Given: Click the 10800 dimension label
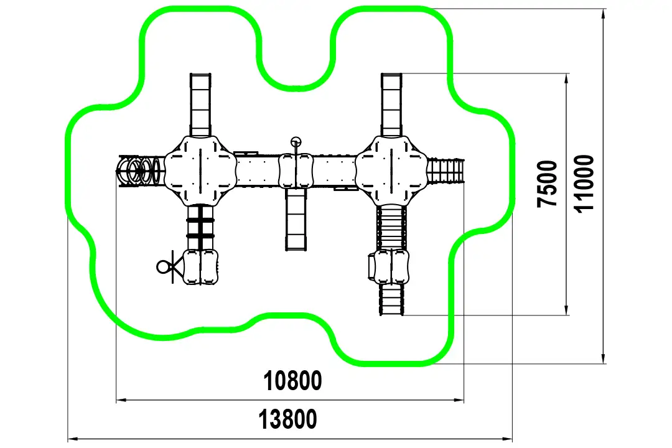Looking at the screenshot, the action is pos(292,381).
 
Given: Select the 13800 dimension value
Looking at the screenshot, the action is pos(287,419).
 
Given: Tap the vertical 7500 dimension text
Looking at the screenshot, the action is pos(548,184).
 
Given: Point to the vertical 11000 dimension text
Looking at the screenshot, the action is pos(584,184).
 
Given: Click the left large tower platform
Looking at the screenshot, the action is pos(200,170).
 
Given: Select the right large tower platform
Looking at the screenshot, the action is pos(391,170).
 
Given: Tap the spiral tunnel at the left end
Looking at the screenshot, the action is pos(140,170).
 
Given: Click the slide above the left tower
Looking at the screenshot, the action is pos(200,105).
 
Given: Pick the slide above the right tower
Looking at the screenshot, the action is pos(392,105).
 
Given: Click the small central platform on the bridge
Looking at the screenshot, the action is pos(296,171).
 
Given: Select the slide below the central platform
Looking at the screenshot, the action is pos(296,219).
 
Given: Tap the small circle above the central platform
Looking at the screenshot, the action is pos(296,141).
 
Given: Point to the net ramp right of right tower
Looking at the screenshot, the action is pos(446,170).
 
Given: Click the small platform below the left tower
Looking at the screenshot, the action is pos(200,267).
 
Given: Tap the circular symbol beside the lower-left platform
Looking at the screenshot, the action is pos(163,267).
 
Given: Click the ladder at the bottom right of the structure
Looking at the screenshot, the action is pos(391,300).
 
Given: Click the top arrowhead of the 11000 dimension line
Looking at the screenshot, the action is pos(603,14).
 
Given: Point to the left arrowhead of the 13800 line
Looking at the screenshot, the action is pos(73,439).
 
